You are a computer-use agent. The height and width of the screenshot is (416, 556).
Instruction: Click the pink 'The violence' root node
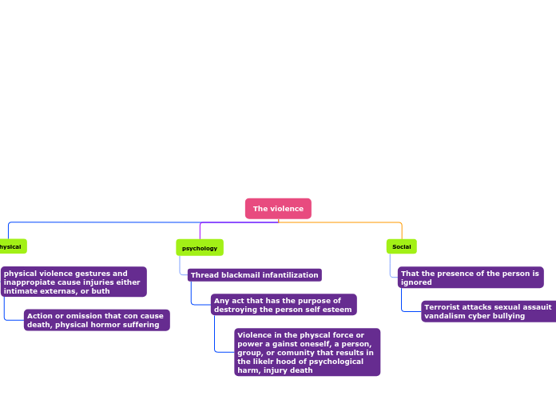coord(278,209)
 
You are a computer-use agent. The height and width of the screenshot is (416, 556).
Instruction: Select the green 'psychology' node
coord(200,248)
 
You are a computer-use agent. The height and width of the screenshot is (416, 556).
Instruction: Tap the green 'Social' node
coord(401,246)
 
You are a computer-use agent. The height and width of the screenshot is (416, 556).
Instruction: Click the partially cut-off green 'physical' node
coord(12,246)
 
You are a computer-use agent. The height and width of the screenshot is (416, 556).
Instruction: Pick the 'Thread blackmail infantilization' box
coord(255,275)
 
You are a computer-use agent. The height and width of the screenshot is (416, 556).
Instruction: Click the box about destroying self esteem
coord(283,305)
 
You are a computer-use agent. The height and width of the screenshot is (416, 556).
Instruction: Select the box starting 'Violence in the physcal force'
coord(307,352)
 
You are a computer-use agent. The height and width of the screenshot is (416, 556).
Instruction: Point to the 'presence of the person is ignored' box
coord(471,278)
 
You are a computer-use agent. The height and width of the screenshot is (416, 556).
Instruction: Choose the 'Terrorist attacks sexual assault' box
coord(488,311)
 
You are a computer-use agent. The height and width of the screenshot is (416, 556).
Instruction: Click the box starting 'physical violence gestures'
coord(73,282)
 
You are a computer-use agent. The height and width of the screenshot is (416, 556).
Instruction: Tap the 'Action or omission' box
coord(96,320)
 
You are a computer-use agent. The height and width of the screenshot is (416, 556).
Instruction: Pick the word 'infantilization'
coord(292,275)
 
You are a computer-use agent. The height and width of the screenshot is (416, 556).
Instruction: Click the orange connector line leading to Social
coord(351,222)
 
